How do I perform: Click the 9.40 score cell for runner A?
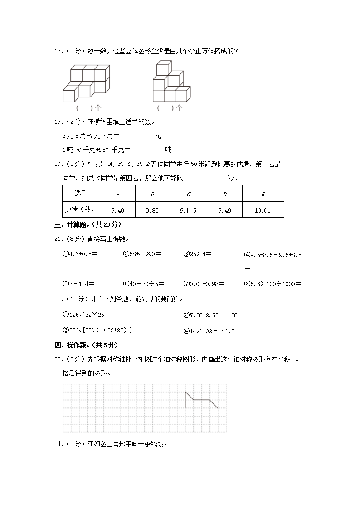(117, 210)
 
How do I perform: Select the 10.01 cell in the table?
(263, 210)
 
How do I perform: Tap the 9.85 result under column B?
(152, 210)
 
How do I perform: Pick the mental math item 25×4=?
(197, 254)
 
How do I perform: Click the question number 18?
(58, 51)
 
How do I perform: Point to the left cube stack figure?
(86, 83)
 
